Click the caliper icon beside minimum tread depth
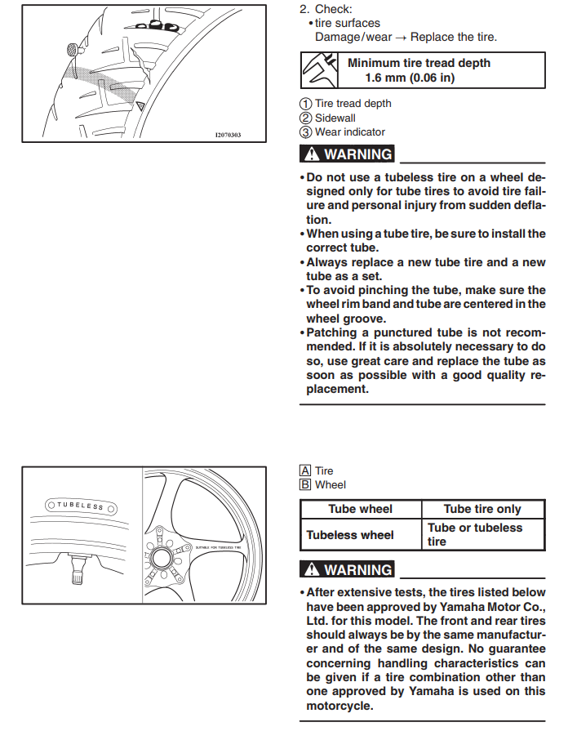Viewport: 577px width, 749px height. [320, 70]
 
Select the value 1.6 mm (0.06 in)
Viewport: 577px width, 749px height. [410, 78]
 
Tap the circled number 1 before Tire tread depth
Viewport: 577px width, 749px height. [305, 104]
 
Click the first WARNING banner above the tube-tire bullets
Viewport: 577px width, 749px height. [348, 154]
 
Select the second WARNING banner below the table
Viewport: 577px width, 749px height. [348, 570]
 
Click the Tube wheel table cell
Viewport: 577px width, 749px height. [360, 509]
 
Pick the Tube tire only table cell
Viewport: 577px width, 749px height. [482, 509]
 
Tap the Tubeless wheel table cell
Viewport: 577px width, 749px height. [360, 535]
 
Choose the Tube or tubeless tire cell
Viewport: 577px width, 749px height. [482, 534]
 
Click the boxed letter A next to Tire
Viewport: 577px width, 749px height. [305, 471]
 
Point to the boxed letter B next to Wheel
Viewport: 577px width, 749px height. [305, 484]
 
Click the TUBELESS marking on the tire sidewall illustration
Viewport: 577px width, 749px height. [80, 506]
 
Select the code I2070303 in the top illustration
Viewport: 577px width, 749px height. [228, 135]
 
